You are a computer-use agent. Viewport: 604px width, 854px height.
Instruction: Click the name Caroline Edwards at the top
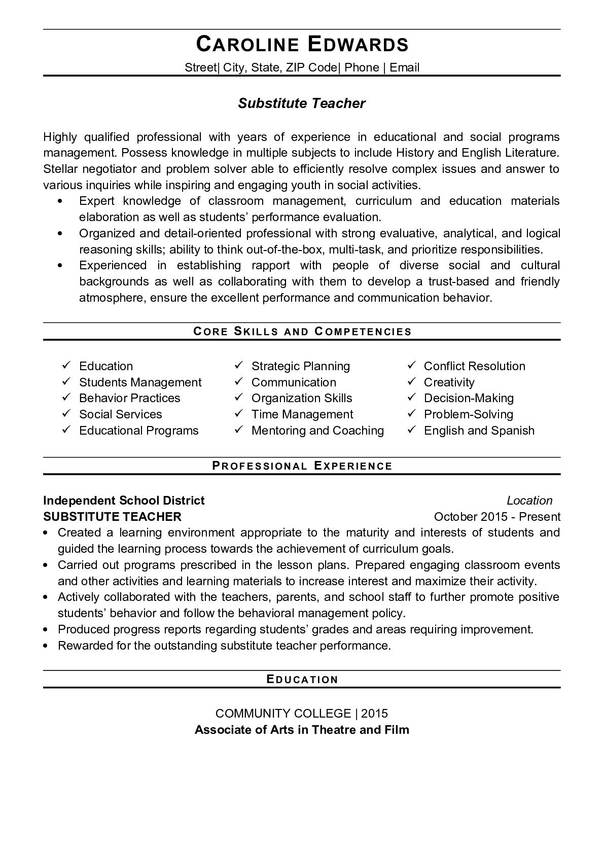pos(302,45)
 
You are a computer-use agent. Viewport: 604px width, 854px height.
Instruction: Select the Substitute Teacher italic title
pos(302,103)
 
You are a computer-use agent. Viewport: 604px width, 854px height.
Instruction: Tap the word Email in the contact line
pos(405,67)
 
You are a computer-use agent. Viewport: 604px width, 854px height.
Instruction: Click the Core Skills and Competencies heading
pos(302,332)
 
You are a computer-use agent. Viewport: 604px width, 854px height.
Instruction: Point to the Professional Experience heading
pos(302,466)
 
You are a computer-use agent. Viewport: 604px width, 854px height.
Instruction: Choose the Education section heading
pos(302,680)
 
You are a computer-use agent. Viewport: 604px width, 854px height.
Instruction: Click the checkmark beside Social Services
pos(66,414)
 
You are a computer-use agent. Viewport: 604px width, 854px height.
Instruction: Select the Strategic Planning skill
pos(301,366)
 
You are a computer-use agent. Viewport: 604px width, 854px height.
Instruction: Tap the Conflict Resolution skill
pos(474,366)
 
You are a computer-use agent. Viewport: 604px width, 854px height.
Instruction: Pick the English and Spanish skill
pos(479,431)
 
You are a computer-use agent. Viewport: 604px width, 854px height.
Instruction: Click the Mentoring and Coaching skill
pos(317,431)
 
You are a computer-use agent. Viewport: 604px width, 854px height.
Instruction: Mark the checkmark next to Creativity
pos(412,381)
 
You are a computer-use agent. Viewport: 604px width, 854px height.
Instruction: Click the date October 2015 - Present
pos(497,517)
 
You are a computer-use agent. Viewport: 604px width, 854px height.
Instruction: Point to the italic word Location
pos(529,501)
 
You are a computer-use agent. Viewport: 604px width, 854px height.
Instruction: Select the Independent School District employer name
pos(124,501)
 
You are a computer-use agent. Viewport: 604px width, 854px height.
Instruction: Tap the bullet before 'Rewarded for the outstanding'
pos(46,646)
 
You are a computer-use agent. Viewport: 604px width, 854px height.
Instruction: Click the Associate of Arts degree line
pos(302,730)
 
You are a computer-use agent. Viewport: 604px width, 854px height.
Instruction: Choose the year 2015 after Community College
pos(375,714)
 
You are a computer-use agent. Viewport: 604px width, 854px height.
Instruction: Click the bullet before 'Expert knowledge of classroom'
pos(61,201)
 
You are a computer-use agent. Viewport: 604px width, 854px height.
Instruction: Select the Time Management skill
pos(302,414)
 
